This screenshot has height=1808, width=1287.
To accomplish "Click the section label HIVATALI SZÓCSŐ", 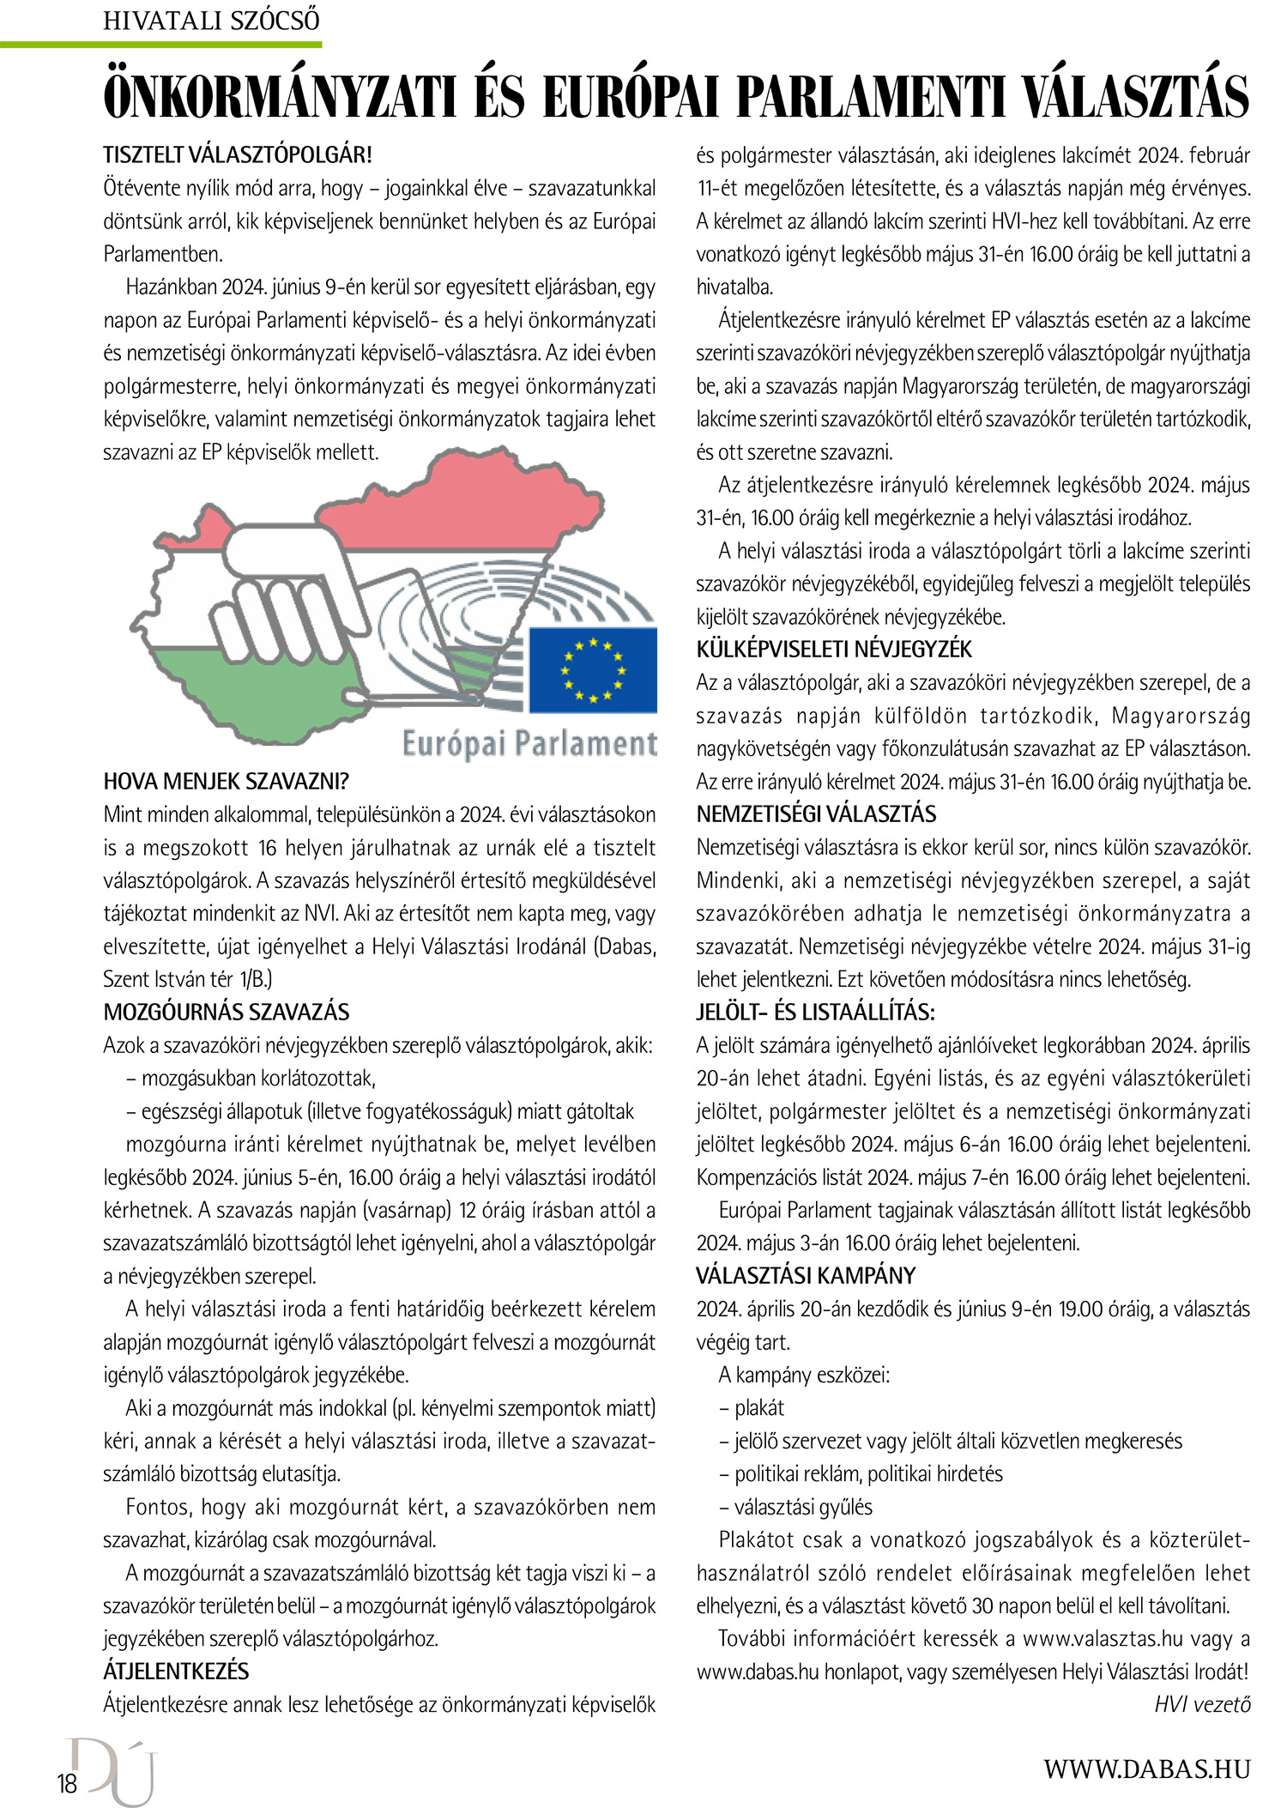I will pos(211,20).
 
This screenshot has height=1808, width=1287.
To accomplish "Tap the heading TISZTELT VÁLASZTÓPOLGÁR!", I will pos(238,155).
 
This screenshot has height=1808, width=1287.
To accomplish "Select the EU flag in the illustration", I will pos(592,669).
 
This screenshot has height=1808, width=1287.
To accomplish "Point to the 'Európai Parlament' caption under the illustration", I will pos(529,743).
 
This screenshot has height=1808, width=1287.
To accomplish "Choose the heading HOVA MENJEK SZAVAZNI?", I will pos(227,781).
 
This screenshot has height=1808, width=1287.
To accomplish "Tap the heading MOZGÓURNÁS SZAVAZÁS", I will pos(227,1012).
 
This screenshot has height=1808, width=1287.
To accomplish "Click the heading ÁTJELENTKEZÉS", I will pos(176,1671).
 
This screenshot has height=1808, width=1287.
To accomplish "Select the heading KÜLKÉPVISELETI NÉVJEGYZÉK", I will pos(834,650).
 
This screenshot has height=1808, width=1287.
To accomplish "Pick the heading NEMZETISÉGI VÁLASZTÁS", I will pos(816,813).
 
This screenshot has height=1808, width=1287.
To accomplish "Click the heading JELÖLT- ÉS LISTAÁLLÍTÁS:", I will pos(815,1012).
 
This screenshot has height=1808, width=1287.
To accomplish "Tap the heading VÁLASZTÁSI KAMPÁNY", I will pos(806,1275).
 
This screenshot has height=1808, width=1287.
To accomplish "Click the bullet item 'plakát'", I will pos(758,1407).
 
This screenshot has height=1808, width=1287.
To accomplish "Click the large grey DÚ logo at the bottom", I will pos(116,1769).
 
